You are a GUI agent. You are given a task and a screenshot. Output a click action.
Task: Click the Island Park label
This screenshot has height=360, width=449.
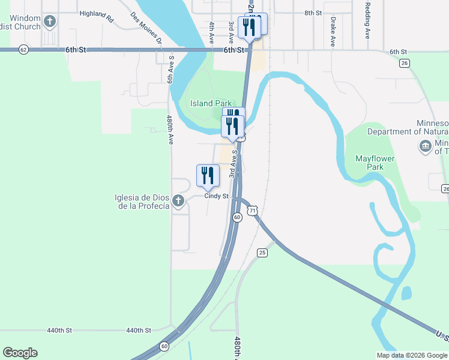211,103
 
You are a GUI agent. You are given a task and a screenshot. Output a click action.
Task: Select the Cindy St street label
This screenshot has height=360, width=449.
217,196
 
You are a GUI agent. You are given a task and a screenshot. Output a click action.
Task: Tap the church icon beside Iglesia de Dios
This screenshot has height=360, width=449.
178,202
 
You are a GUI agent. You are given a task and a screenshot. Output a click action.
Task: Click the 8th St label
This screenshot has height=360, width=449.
313,13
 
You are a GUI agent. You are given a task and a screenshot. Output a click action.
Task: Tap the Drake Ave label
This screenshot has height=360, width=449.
332,32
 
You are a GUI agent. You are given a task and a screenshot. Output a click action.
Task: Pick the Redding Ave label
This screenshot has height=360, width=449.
367,24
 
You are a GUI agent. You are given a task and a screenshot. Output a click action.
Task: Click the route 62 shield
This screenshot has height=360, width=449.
23,49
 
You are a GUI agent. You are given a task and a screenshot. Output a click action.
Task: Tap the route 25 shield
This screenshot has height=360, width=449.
262,253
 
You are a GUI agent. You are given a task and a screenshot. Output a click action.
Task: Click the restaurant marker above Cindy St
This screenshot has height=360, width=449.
208,176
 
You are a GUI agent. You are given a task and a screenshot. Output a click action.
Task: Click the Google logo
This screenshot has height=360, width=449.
20,353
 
